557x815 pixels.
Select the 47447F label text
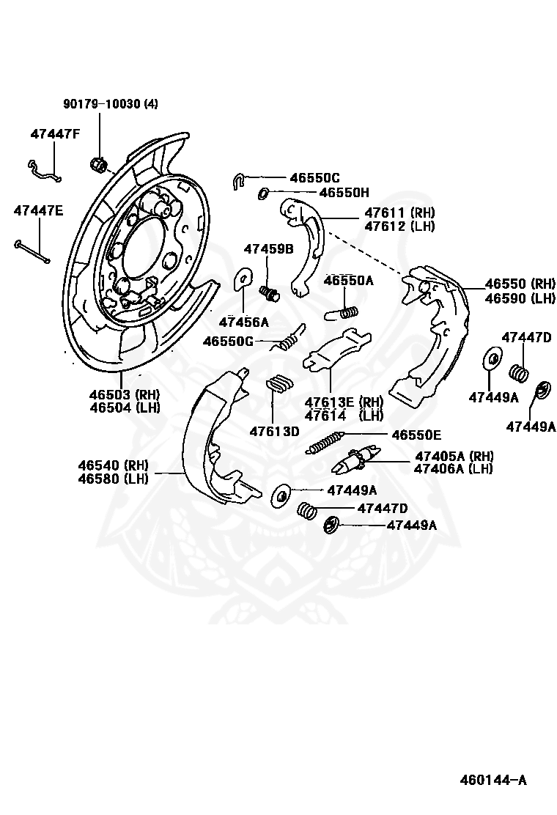56,134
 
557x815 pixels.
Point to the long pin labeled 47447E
32,250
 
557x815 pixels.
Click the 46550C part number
314,177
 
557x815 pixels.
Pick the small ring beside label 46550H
262,193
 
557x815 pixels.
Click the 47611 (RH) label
399,213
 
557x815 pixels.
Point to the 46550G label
228,341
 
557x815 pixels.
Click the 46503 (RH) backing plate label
125,394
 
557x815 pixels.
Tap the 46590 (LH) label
520,298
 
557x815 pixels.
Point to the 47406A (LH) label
453,469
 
